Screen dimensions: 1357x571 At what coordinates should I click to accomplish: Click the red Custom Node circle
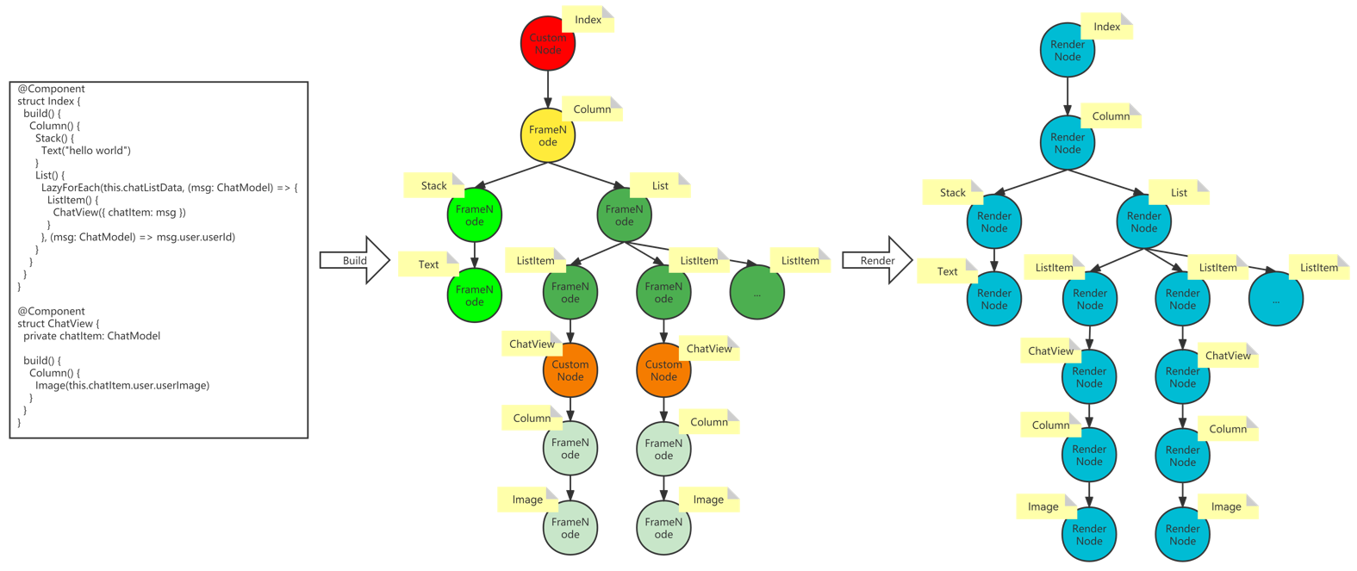[x=548, y=44]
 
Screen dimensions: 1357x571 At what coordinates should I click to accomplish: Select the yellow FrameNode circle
[x=548, y=135]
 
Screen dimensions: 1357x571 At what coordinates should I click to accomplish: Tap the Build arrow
[x=355, y=260]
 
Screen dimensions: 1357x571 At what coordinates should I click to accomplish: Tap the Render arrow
[x=878, y=260]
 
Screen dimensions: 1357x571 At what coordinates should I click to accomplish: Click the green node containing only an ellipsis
[x=757, y=293]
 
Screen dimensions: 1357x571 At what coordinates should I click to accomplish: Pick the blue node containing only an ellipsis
[x=1276, y=299]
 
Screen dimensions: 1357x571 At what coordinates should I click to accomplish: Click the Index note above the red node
[x=588, y=19]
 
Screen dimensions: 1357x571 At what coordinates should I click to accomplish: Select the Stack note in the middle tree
[x=433, y=185]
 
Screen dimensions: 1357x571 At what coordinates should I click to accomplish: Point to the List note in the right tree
[x=1179, y=193]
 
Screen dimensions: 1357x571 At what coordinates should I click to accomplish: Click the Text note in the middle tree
[x=428, y=264]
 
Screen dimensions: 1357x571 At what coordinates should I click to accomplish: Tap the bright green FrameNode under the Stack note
[x=475, y=215]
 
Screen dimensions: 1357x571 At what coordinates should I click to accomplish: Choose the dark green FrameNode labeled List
[x=624, y=215]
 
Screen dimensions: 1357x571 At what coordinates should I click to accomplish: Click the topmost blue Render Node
[x=1068, y=50]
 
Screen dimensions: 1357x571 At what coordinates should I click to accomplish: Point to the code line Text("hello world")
[x=86, y=150]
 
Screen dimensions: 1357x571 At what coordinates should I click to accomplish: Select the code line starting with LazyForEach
[x=170, y=188]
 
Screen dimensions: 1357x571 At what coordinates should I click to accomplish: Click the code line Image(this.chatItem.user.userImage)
[x=122, y=385]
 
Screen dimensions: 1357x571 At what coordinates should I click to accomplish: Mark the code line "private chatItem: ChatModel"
[x=92, y=336]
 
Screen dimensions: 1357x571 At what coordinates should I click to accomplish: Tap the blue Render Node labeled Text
[x=994, y=299]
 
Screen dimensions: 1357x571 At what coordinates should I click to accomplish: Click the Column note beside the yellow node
[x=592, y=109]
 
